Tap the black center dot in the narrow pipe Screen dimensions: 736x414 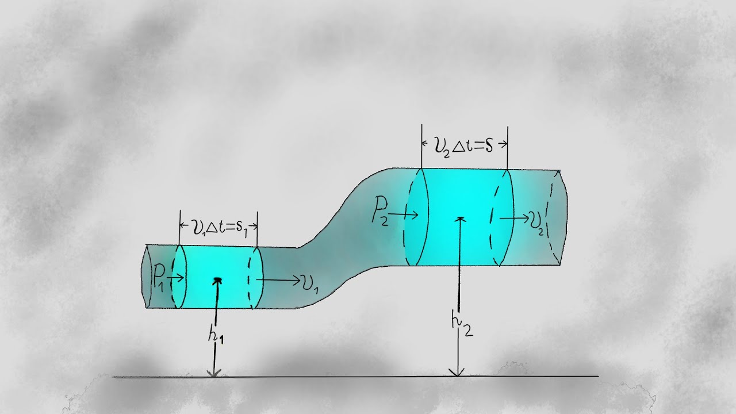click(x=218, y=280)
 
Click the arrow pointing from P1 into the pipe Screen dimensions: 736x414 click(x=177, y=278)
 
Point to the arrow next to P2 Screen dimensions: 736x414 click(x=405, y=214)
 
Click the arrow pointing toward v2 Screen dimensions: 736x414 click(x=514, y=218)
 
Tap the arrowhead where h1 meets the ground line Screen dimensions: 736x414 click(x=214, y=374)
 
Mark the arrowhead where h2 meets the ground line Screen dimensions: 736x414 click(x=457, y=373)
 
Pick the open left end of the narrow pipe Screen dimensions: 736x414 click(x=146, y=276)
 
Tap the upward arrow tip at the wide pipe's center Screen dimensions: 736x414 click(x=460, y=218)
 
